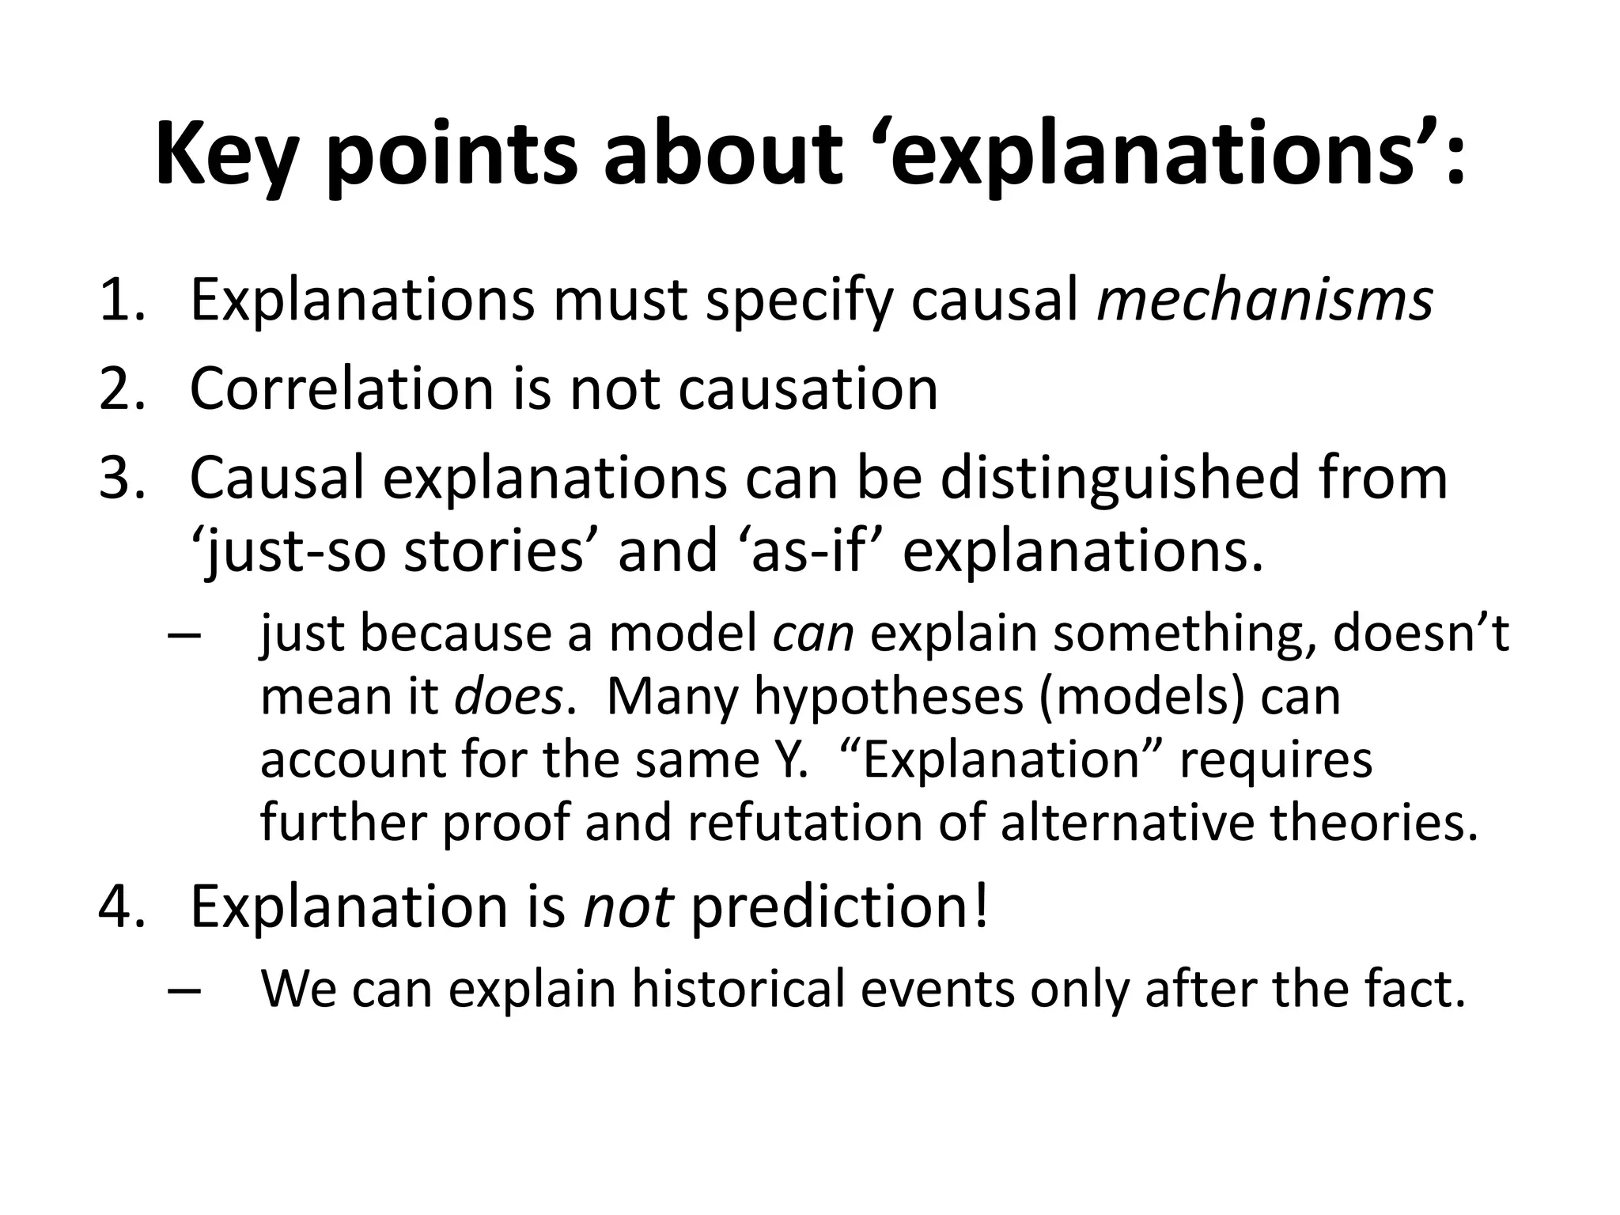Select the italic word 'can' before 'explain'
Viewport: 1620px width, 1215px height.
click(x=813, y=634)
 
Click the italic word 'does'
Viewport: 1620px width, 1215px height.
click(x=509, y=697)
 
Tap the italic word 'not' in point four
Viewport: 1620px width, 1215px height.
click(x=628, y=907)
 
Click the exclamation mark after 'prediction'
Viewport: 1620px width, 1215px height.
click(x=982, y=907)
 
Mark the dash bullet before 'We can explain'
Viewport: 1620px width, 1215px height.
click(x=184, y=990)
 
